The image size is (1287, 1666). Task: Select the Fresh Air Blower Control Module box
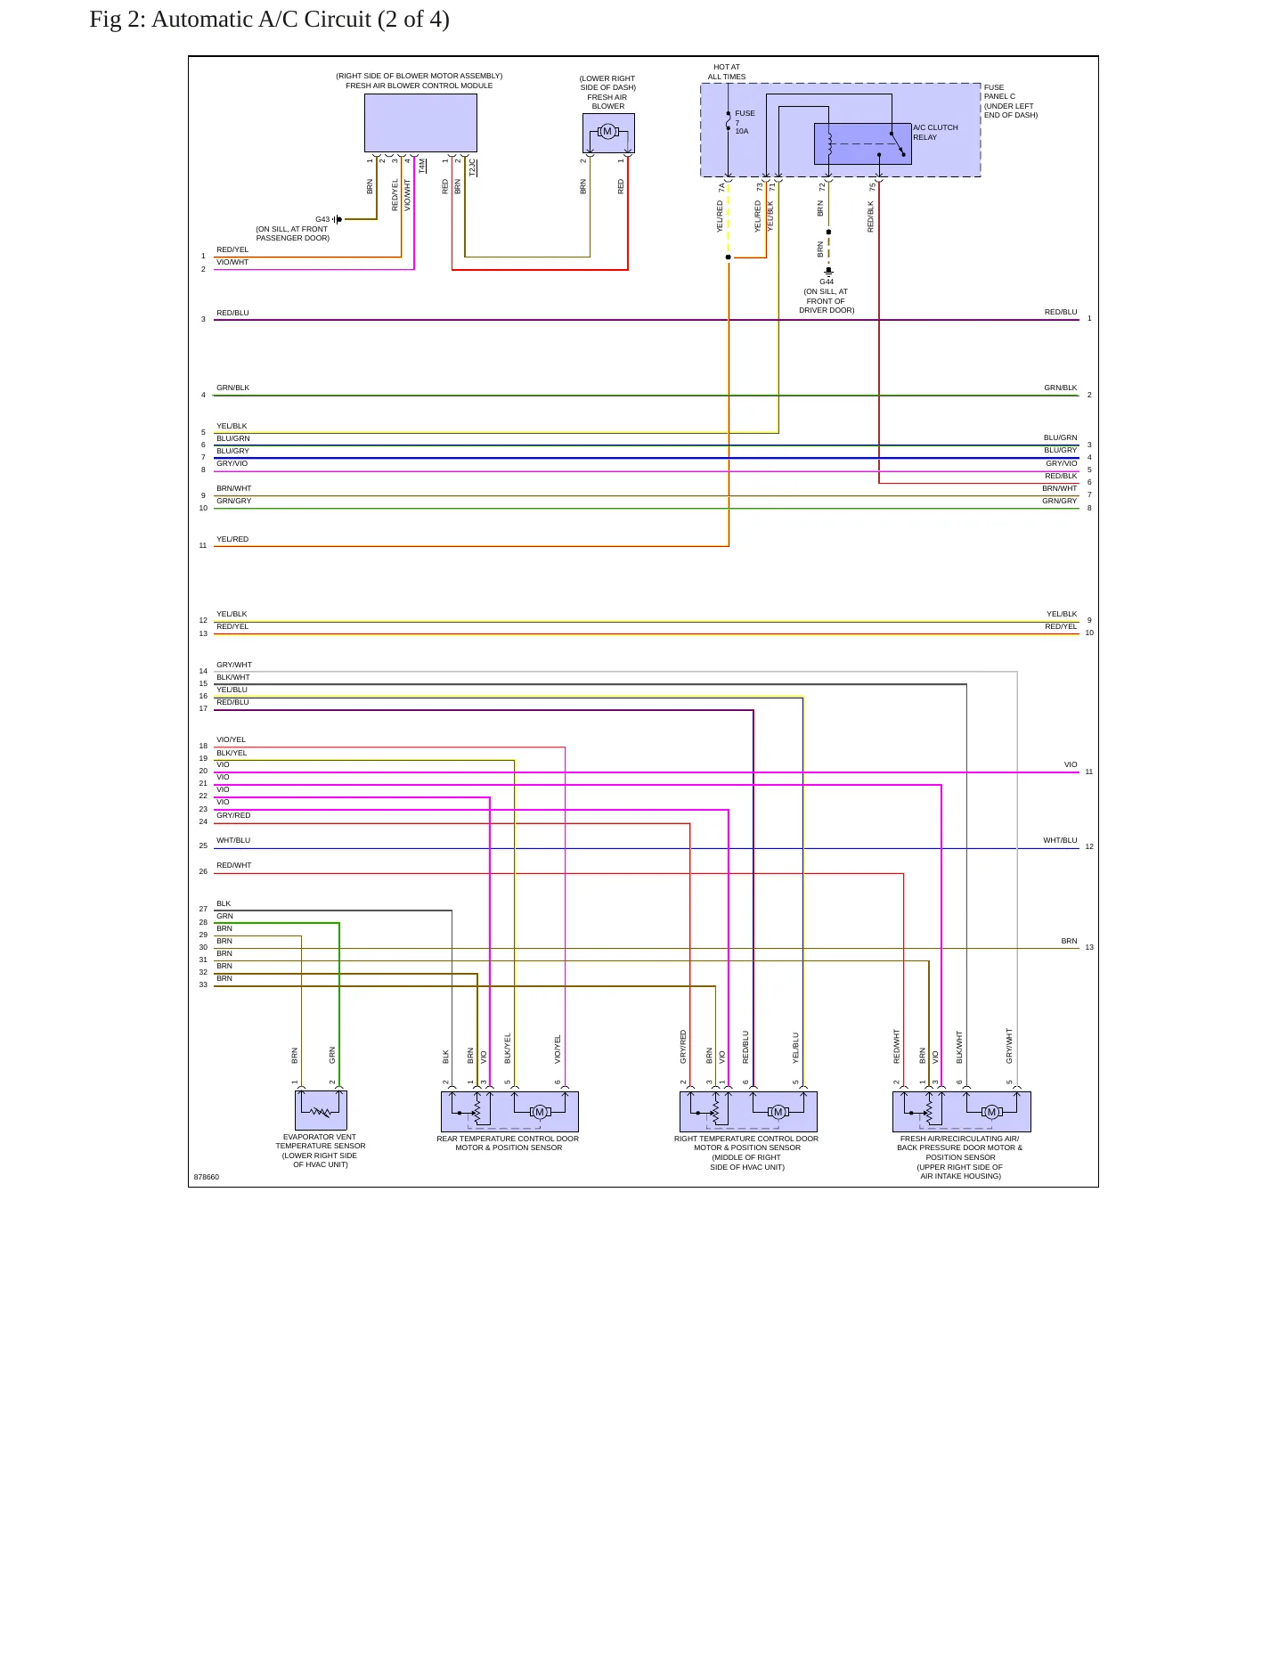tap(420, 123)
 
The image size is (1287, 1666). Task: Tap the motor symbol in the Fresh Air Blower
tap(607, 132)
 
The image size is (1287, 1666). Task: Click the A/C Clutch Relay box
tap(862, 143)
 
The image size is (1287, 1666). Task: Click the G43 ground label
tap(322, 219)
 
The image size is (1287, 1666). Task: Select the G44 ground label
tap(827, 282)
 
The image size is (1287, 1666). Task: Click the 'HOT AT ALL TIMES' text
tap(727, 72)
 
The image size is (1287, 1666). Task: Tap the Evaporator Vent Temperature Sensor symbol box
tap(321, 1111)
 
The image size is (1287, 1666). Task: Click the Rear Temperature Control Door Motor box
tap(509, 1112)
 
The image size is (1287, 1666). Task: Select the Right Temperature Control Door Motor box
tap(748, 1112)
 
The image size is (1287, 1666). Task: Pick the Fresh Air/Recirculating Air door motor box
tap(962, 1112)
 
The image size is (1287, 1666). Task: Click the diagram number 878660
tap(207, 1177)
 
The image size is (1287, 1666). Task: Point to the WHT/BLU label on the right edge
tap(1060, 840)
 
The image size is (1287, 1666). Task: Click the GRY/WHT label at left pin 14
tap(234, 665)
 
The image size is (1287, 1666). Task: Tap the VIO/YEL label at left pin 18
tap(231, 739)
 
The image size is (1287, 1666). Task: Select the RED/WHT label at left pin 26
tap(234, 865)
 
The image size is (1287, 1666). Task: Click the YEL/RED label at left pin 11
tap(232, 539)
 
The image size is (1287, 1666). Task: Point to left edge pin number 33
tap(203, 984)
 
